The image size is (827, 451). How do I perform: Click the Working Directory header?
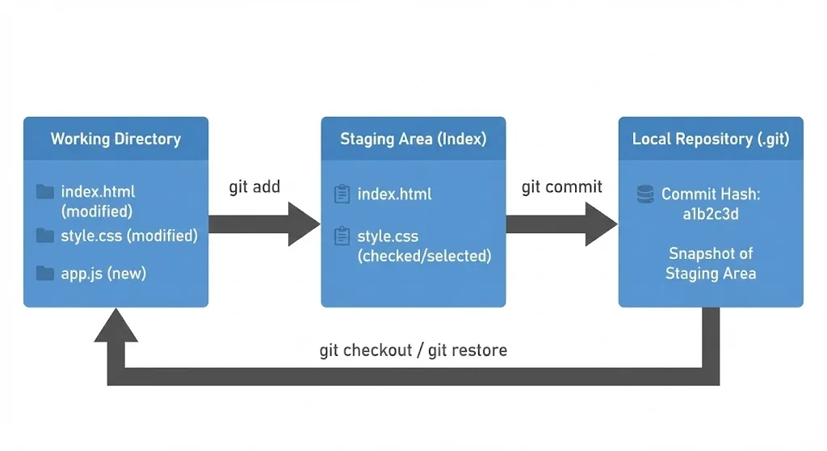pos(115,139)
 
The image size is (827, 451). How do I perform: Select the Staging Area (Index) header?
pos(413,139)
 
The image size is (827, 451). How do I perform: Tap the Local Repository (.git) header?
pos(711,139)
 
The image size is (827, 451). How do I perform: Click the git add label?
pos(254,187)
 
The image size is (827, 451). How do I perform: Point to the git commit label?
pos(561,187)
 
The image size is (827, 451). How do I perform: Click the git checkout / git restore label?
pos(413,351)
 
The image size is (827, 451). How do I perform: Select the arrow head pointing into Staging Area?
pos(305,223)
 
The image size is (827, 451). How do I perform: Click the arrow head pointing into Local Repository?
pos(602,223)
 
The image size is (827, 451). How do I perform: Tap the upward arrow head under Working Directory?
pos(115,325)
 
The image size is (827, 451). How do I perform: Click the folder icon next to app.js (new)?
pos(45,274)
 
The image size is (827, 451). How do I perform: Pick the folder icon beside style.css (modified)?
pos(45,236)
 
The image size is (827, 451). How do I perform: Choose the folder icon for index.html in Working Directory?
pos(45,192)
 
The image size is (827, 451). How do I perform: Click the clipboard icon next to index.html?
pos(342,194)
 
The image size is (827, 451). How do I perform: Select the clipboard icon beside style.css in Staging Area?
pos(342,237)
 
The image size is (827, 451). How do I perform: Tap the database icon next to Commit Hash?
pos(645,194)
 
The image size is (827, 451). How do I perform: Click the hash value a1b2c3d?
pos(711,214)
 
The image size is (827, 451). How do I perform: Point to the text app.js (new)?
pos(103,274)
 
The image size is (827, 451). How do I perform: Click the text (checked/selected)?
pos(424,257)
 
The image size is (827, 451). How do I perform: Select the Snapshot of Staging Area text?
pos(711,263)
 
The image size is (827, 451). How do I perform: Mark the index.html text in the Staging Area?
pos(394,194)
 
